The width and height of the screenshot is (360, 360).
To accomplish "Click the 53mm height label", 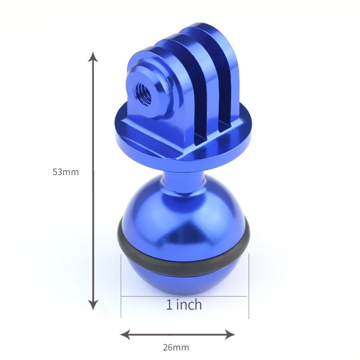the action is [66, 172].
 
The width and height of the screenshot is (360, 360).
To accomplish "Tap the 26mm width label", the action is [176, 348].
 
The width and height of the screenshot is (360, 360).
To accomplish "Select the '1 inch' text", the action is [184, 305].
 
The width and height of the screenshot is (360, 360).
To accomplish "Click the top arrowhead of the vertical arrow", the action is [93, 57].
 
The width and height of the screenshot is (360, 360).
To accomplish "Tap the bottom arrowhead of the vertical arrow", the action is [93, 305].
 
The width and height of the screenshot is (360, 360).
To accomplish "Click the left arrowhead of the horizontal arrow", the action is [125, 335].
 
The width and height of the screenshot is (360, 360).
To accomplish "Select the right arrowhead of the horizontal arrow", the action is [230, 335].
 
